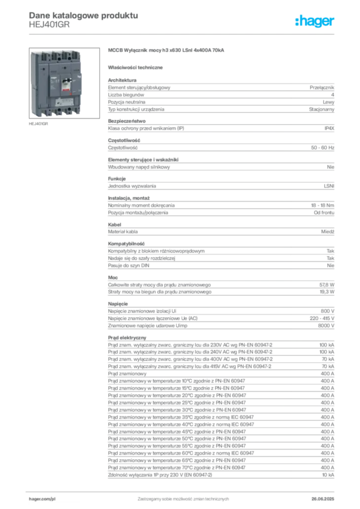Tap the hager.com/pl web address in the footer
(x=42, y=498)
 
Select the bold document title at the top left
(x=82, y=14)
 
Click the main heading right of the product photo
(x=167, y=51)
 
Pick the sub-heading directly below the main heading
(x=137, y=67)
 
